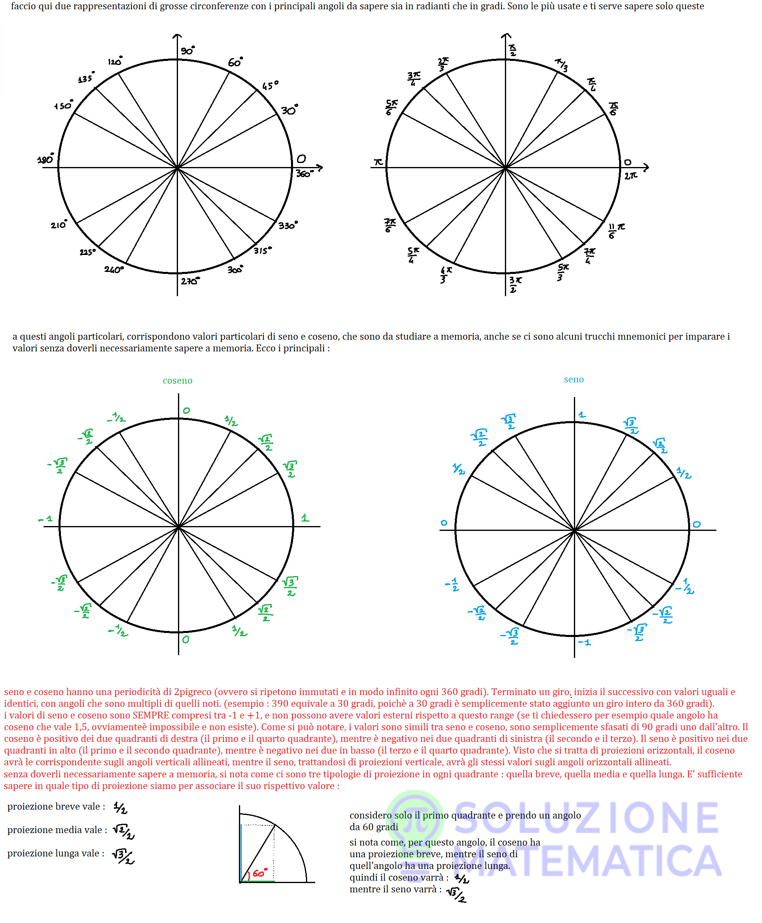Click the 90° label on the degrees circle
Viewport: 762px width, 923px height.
pos(187,50)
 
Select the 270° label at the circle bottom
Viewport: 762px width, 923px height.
pos(190,280)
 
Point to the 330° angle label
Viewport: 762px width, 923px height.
pos(288,225)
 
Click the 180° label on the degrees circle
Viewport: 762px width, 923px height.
pos(46,159)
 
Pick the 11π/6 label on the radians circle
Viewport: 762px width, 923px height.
pos(616,230)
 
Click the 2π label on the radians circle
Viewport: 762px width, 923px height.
pos(631,175)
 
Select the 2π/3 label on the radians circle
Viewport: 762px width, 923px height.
pos(443,64)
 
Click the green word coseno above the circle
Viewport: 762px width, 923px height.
pos(177,380)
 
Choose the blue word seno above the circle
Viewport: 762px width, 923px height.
pos(573,379)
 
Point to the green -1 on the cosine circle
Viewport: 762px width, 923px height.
pos(45,519)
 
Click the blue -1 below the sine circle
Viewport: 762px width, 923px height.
pos(584,643)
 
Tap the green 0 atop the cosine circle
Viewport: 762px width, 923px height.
pos(186,411)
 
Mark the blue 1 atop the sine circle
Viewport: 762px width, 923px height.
pos(582,415)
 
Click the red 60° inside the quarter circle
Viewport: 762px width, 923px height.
pos(260,873)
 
